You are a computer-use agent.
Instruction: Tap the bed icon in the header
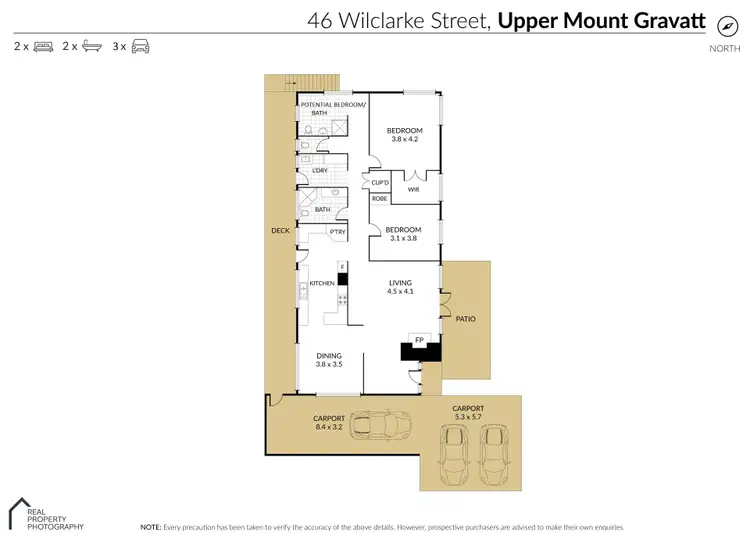(x=43, y=46)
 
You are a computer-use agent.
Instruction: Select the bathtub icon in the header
(x=92, y=46)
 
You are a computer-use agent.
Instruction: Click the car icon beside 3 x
(x=141, y=46)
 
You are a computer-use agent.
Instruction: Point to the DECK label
(x=279, y=230)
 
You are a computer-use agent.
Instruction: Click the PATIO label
(x=466, y=320)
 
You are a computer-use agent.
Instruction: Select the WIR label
(x=413, y=188)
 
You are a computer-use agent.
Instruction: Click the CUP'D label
(x=380, y=183)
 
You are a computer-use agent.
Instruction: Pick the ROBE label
(x=380, y=199)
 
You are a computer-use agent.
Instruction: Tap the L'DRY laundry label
(x=320, y=170)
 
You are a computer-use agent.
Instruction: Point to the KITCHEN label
(x=321, y=284)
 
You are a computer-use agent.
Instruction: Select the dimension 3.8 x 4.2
(x=405, y=139)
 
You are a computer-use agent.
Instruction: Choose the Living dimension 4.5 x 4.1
(x=401, y=292)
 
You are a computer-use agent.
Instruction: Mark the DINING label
(x=329, y=356)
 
